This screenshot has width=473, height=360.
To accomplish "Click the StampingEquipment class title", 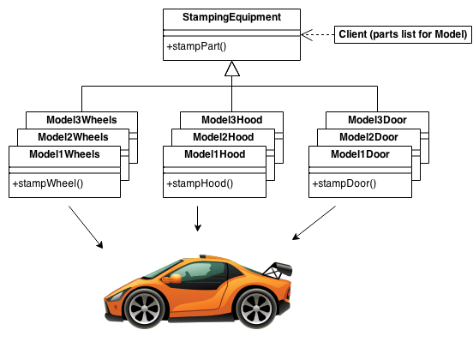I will [231, 17].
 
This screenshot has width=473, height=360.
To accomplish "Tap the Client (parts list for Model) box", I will [402, 34].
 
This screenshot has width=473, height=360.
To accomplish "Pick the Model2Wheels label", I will [73, 137].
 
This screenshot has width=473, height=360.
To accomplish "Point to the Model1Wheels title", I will [64, 154].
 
